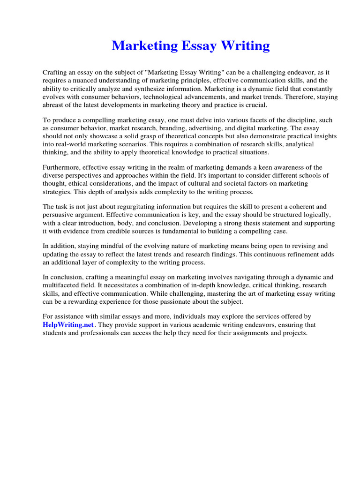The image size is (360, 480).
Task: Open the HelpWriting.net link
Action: click(68, 325)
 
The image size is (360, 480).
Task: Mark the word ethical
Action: click(75, 184)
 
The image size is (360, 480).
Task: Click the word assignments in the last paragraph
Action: click(252, 333)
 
